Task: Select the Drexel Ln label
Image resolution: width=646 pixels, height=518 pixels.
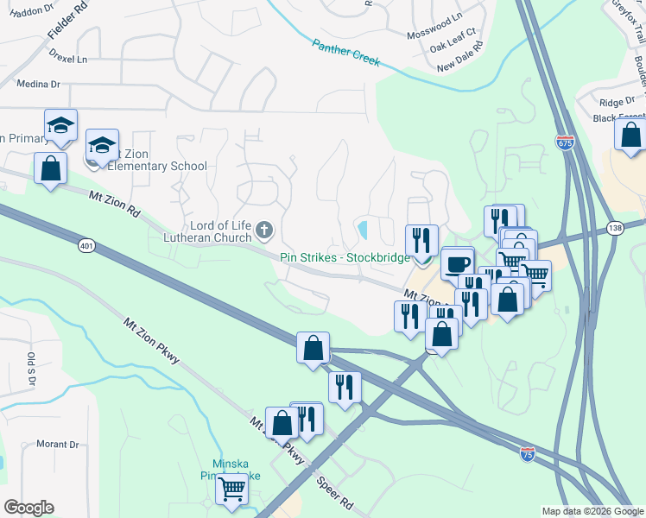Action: [x=69, y=60]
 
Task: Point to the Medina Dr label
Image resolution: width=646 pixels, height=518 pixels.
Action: [x=38, y=85]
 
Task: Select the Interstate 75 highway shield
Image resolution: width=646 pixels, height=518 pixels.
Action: [x=528, y=452]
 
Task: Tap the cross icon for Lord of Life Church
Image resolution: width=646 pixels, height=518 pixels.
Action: [x=264, y=231]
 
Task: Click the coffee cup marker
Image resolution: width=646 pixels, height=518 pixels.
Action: [x=456, y=262]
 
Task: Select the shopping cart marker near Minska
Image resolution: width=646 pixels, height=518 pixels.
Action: [x=231, y=488]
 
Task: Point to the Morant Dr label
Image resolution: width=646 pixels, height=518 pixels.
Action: [x=58, y=445]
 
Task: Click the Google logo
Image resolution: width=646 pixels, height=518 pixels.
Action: [x=28, y=508]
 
